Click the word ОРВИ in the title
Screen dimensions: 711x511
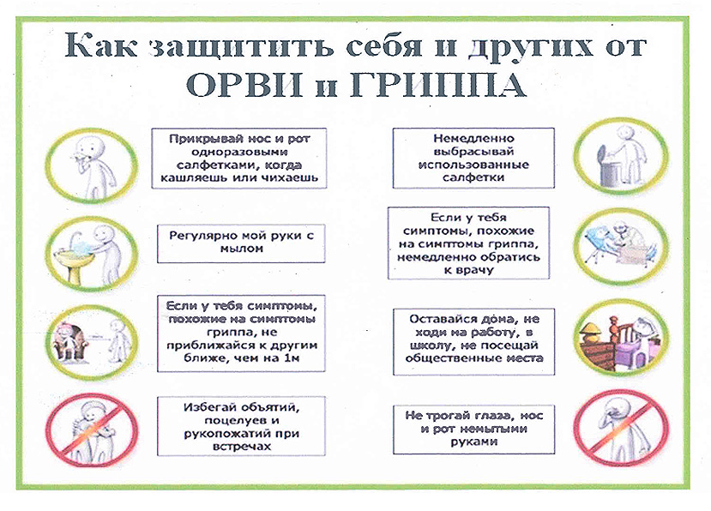click(244, 84)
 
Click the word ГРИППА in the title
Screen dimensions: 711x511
click(438, 84)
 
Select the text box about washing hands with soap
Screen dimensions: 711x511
click(241, 243)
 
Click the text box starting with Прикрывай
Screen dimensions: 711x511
click(239, 159)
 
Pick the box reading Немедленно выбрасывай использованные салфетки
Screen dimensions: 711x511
click(473, 158)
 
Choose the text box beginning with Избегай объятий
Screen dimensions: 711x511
click(241, 426)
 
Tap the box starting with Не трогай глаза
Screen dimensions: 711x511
click(473, 430)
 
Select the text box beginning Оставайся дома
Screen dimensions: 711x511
click(473, 342)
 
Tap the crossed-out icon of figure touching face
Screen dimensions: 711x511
click(620, 430)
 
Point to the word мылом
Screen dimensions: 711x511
click(241, 249)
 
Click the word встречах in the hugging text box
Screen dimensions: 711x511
click(241, 447)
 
